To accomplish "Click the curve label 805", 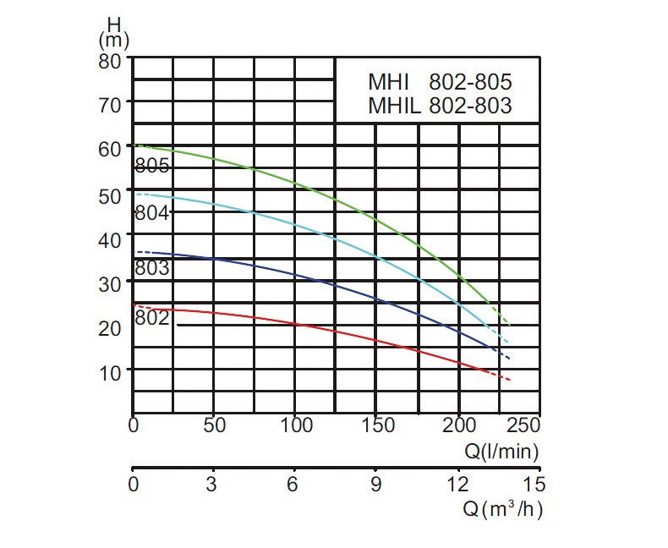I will pyautogui.click(x=153, y=166).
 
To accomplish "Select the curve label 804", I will pyautogui.click(x=153, y=213).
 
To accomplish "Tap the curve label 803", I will pyautogui.click(x=153, y=269).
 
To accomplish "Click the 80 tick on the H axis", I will pyautogui.click(x=111, y=61).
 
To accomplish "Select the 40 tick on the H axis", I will pyautogui.click(x=111, y=240).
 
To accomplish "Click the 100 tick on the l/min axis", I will pyautogui.click(x=296, y=425).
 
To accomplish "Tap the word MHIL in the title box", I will pyautogui.click(x=393, y=106).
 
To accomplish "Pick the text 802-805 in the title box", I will pyautogui.click(x=471, y=83).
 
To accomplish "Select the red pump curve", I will pyautogui.click(x=338, y=331).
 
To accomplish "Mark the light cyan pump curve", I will pyautogui.click(x=338, y=240).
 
